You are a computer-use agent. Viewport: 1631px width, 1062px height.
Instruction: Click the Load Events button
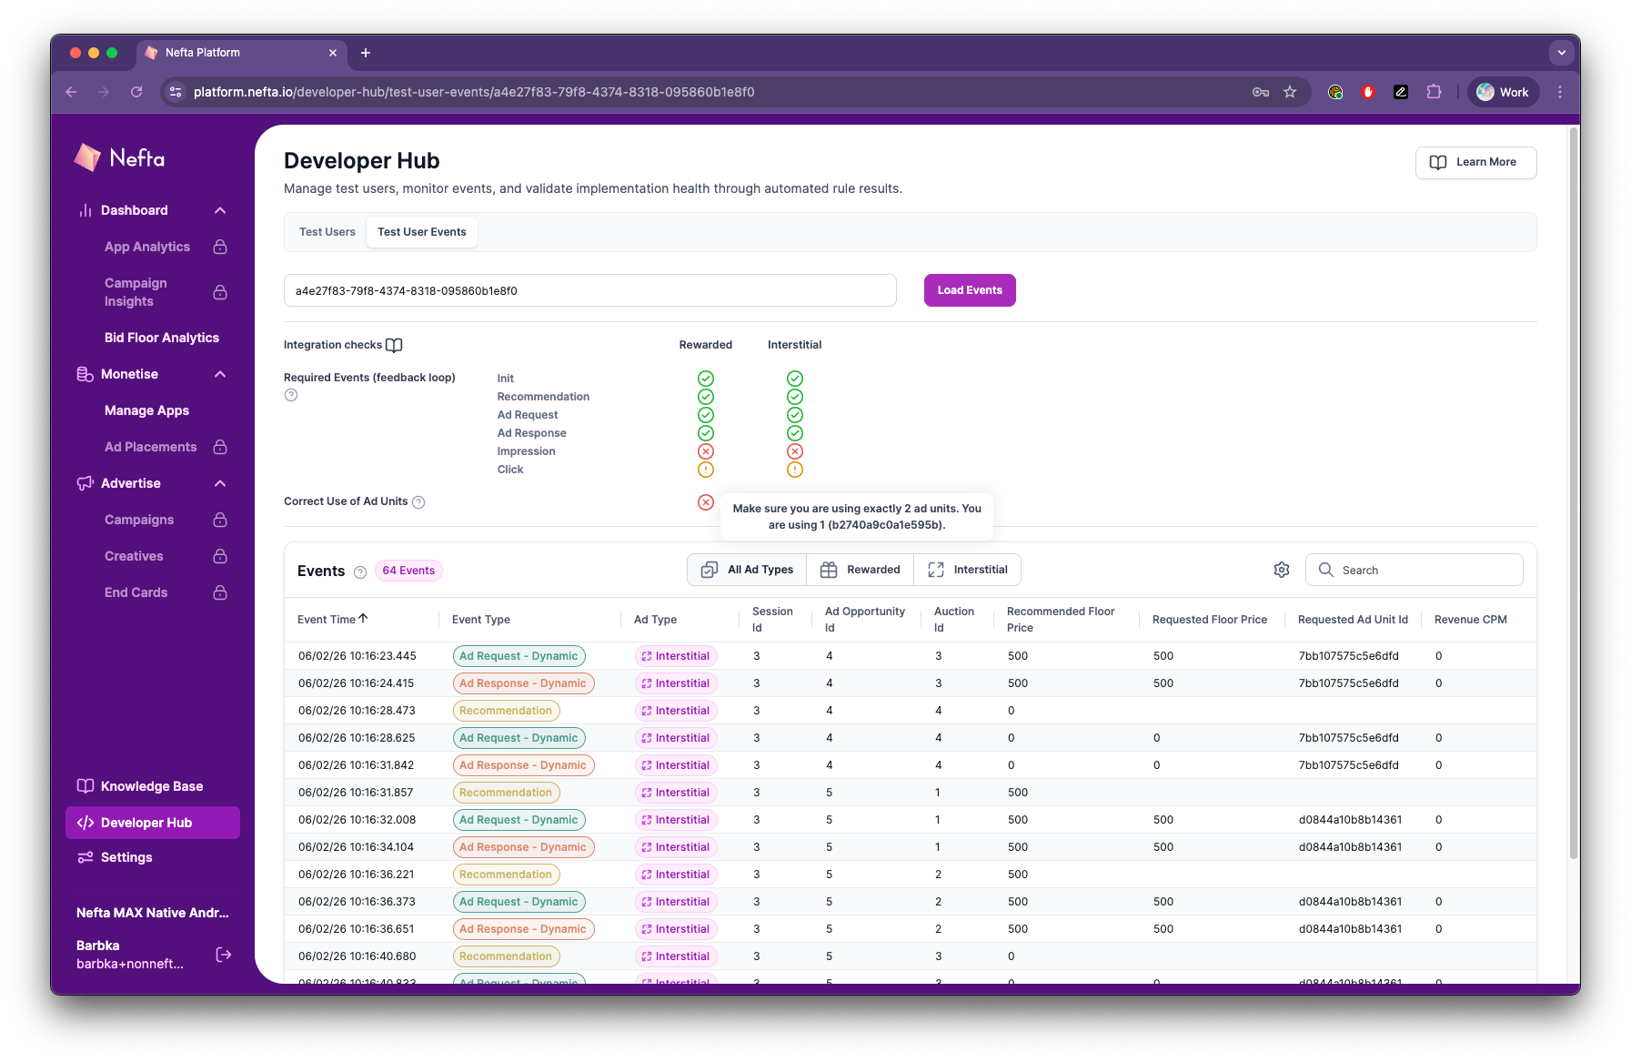tap(970, 290)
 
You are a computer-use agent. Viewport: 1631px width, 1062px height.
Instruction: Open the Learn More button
tap(1475, 163)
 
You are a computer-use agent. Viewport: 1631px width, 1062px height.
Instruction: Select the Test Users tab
tap(327, 232)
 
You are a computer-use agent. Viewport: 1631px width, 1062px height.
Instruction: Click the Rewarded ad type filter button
tap(861, 570)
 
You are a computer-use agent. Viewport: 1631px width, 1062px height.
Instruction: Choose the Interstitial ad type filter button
tap(968, 570)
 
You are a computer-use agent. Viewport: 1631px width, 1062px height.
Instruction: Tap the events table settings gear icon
tap(1282, 570)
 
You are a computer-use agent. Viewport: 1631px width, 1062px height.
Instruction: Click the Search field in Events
tap(1425, 570)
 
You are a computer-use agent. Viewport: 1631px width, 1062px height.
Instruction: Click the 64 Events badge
tap(408, 571)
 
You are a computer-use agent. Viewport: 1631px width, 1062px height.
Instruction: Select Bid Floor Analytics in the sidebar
tap(162, 338)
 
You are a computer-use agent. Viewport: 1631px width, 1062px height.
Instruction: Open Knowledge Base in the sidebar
tap(152, 786)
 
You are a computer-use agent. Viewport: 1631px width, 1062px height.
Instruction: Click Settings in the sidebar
tap(126, 857)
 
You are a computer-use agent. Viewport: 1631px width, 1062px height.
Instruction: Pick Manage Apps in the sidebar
tap(146, 410)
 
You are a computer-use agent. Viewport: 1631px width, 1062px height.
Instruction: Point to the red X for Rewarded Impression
tap(706, 451)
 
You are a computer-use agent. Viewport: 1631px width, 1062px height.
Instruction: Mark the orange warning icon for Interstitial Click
tap(795, 470)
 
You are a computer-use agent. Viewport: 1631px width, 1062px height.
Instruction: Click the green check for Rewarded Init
tap(706, 379)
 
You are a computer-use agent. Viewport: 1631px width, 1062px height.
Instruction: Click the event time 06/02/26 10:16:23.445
tap(357, 656)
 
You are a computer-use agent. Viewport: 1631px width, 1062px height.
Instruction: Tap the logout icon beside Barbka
tap(224, 955)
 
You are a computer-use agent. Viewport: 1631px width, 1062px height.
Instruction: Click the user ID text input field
tap(589, 291)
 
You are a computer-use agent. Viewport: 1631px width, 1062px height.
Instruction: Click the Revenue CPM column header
tap(1470, 620)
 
